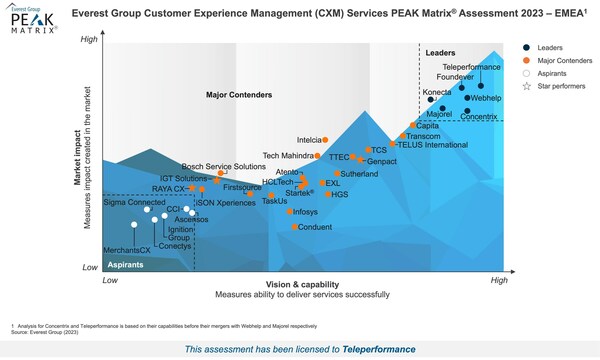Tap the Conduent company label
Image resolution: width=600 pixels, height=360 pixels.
pyautogui.click(x=314, y=227)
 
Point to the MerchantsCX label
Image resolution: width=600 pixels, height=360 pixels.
pyautogui.click(x=105, y=249)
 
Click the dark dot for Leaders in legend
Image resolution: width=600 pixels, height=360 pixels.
pyautogui.click(x=527, y=47)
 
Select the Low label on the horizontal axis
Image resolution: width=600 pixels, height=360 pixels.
pyautogui.click(x=112, y=282)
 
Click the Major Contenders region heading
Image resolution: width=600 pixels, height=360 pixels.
pyautogui.click(x=240, y=95)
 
